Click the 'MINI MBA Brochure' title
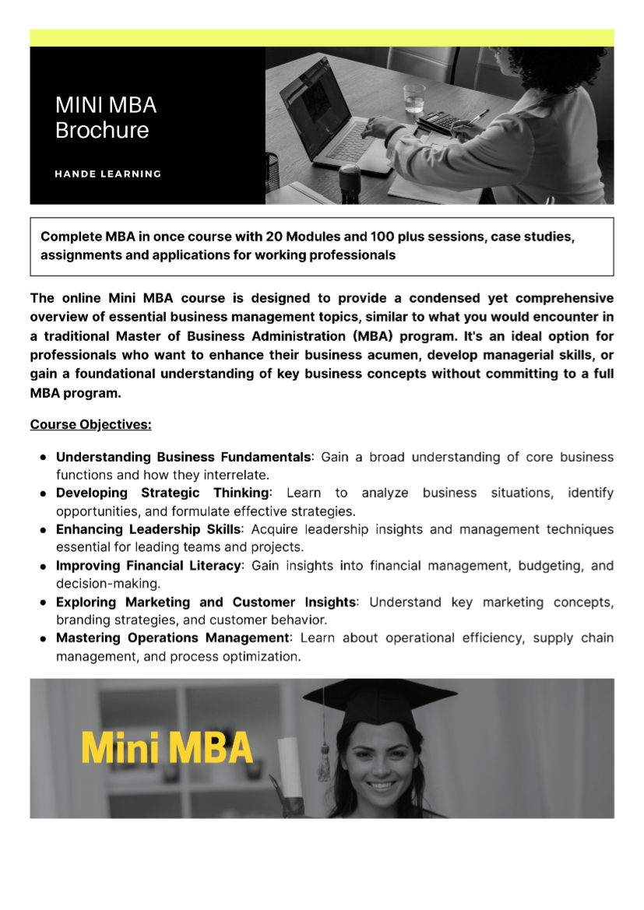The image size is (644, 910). (x=105, y=118)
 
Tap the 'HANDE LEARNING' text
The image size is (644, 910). (x=107, y=174)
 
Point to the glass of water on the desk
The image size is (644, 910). (x=413, y=99)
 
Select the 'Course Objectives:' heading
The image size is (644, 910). (x=90, y=425)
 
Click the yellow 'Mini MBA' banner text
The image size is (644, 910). (x=167, y=748)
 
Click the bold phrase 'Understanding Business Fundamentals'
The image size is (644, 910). (x=183, y=457)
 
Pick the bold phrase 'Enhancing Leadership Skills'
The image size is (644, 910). (x=148, y=529)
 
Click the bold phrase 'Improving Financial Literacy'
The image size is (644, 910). (x=148, y=566)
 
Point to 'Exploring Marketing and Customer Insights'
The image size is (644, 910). (x=206, y=602)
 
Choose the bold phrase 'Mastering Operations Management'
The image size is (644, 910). (x=172, y=638)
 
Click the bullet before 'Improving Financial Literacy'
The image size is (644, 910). (x=44, y=566)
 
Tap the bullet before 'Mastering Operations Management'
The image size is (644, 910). (x=44, y=638)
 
